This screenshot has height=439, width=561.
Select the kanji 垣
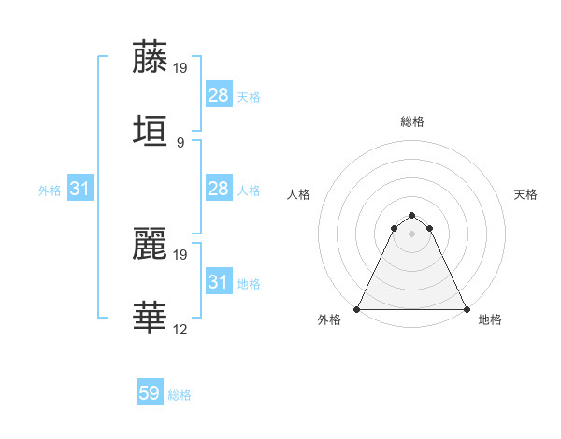click(x=151, y=131)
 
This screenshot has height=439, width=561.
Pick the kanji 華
click(x=151, y=318)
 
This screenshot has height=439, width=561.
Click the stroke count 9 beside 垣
click(x=180, y=142)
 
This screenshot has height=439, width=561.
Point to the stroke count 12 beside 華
click(x=181, y=329)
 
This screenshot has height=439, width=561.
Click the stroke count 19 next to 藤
click(x=181, y=67)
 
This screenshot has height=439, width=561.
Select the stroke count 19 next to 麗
click(x=181, y=254)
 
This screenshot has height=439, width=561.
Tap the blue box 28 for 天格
click(x=219, y=94)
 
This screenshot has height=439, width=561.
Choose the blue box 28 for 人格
click(x=219, y=189)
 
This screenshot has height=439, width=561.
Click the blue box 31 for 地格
click(x=219, y=282)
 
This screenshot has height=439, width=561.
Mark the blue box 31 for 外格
click(x=80, y=189)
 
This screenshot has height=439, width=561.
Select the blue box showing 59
click(x=150, y=393)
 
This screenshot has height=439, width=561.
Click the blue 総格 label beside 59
click(x=180, y=395)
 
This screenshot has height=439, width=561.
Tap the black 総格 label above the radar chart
click(x=412, y=121)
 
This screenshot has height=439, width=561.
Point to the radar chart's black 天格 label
click(x=526, y=194)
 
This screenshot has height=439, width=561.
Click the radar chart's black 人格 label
click(x=298, y=194)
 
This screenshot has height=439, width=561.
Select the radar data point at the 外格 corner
click(x=358, y=308)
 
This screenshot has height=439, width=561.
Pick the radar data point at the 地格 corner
click(x=467, y=308)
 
